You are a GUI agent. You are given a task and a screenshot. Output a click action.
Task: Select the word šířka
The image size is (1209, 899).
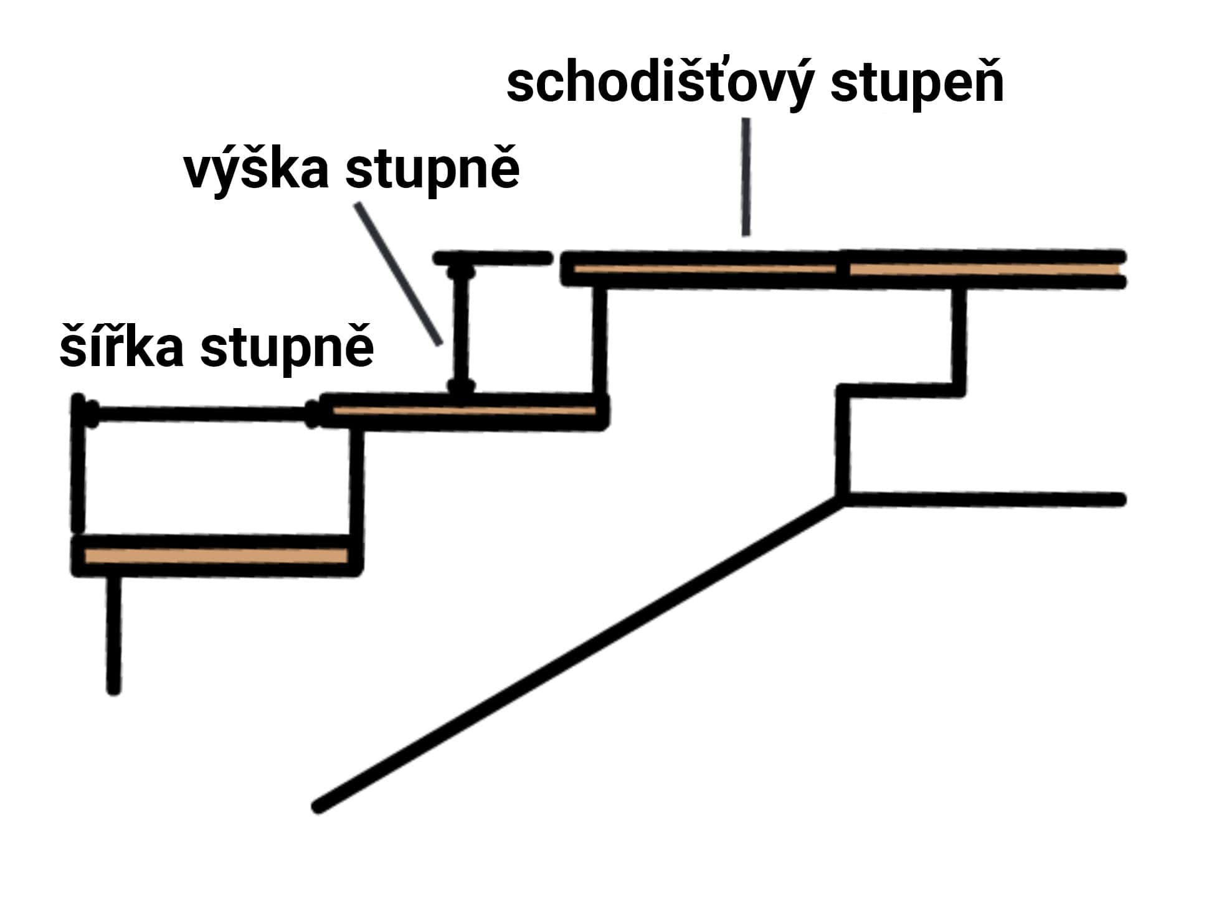[x=121, y=348]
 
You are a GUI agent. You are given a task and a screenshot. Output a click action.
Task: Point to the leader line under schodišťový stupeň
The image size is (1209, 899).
[x=746, y=177]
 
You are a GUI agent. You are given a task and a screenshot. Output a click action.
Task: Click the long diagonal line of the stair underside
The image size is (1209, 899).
[x=579, y=654]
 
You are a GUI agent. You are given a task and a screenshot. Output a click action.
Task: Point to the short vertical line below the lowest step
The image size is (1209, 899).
[x=114, y=635]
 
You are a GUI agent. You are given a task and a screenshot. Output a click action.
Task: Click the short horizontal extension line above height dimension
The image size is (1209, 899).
[x=492, y=257]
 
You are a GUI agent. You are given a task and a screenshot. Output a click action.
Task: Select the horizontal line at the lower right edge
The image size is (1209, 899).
[x=984, y=499]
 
